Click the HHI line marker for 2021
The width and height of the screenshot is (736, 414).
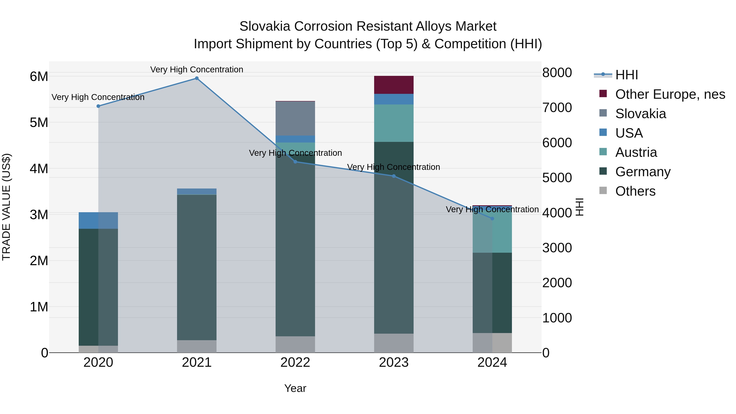(x=196, y=78)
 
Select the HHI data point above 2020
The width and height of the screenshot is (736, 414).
(x=98, y=106)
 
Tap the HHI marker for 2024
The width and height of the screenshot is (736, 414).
(x=492, y=219)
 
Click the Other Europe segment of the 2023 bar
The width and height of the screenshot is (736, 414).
(x=394, y=85)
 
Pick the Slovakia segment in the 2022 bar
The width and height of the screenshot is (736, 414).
(x=295, y=118)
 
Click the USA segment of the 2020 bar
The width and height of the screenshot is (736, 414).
(x=98, y=220)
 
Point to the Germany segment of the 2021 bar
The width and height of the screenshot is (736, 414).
(x=196, y=267)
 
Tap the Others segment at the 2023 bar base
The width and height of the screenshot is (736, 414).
(x=394, y=343)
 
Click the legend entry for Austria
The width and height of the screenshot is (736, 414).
(x=636, y=152)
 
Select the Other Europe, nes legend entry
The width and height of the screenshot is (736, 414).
(x=670, y=94)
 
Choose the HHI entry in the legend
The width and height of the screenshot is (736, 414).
(x=626, y=75)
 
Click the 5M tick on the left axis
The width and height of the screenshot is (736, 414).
(x=39, y=123)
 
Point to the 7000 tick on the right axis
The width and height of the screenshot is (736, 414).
(x=557, y=108)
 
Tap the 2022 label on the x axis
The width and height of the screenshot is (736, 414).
(x=295, y=362)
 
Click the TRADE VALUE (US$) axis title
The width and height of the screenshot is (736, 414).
(x=6, y=207)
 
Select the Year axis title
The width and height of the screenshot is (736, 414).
(x=295, y=388)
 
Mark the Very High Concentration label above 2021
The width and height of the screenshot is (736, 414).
(x=196, y=70)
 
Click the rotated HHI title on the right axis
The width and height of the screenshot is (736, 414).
(x=579, y=207)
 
